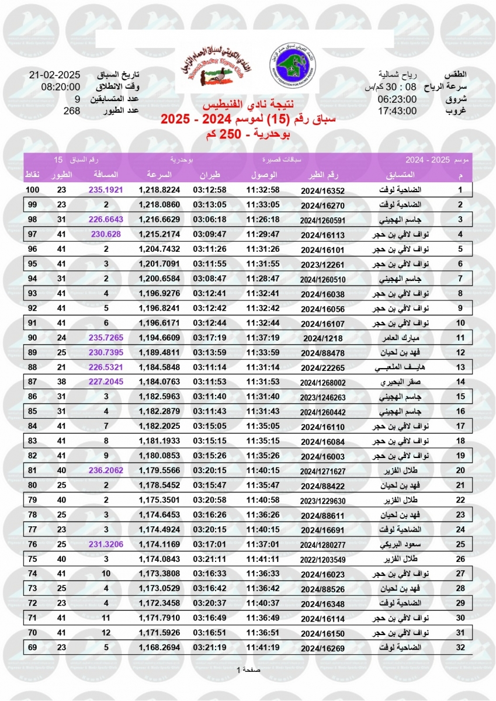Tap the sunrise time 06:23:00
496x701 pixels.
(x=397, y=99)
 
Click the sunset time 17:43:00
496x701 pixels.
(x=397, y=111)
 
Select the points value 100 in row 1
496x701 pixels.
(x=33, y=190)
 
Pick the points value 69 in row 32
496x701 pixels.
(x=33, y=647)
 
